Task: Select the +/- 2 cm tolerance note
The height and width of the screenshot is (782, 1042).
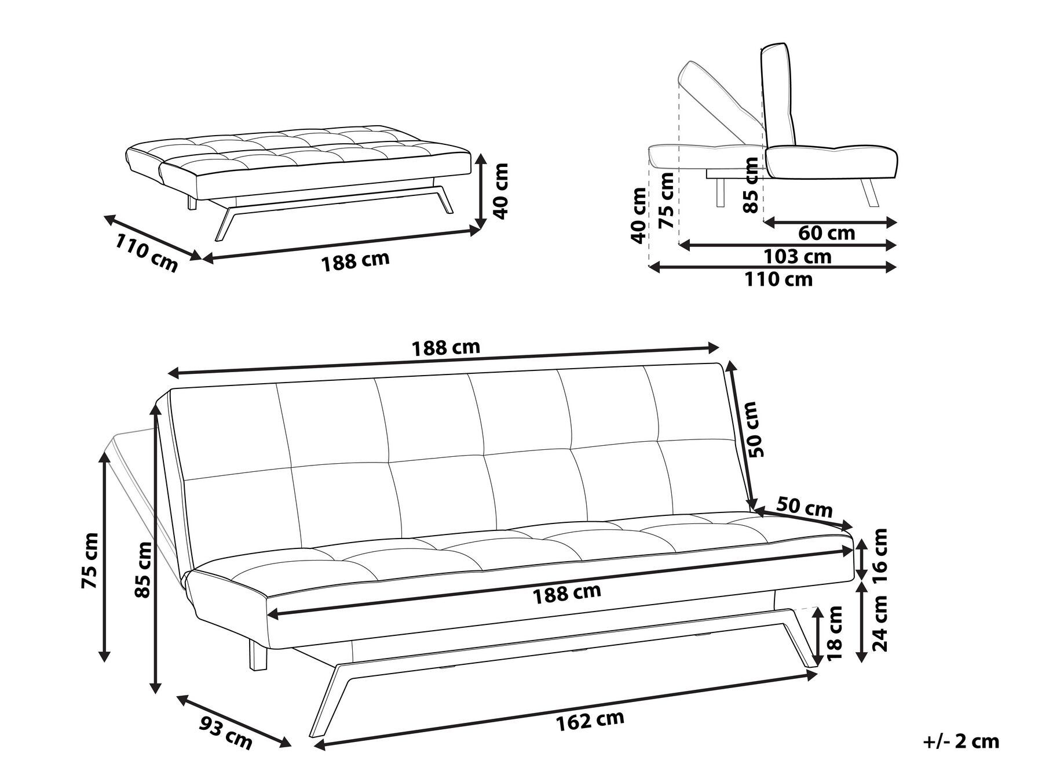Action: [x=961, y=741]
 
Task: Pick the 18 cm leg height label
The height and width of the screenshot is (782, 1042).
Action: [x=834, y=634]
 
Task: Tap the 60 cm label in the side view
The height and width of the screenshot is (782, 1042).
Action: [x=827, y=233]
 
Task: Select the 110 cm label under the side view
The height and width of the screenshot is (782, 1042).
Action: [x=778, y=280]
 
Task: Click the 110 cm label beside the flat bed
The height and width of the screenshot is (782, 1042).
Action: [x=146, y=253]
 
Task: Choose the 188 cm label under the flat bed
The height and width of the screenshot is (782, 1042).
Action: [x=355, y=261]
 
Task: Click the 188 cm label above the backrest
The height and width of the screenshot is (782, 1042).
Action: [x=445, y=348]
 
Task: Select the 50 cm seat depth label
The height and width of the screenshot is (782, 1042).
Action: [x=804, y=508]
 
